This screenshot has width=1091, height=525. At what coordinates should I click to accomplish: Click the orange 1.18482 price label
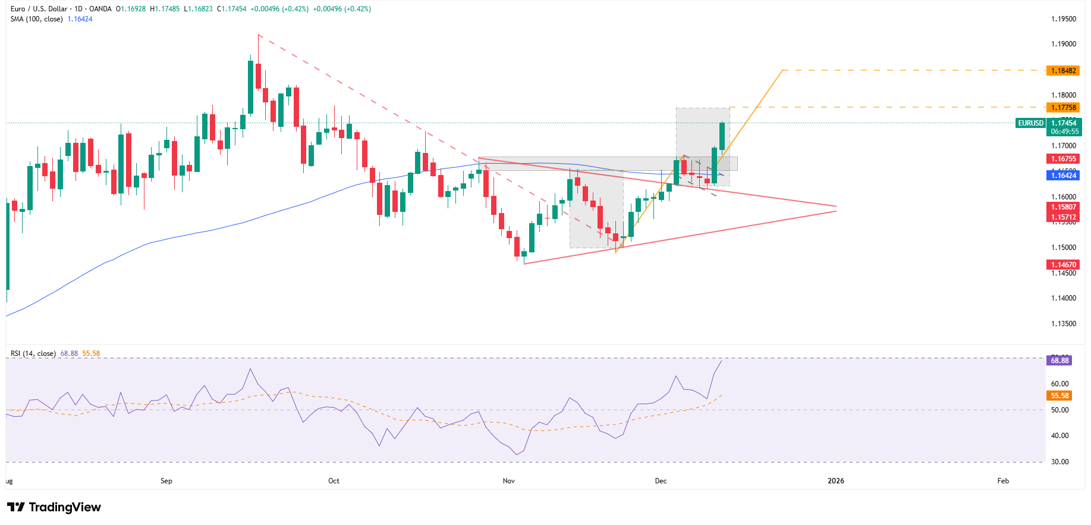click(x=1063, y=71)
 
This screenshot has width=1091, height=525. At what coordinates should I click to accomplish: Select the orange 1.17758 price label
click(x=1063, y=108)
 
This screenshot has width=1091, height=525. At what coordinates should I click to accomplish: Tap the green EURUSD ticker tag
click(x=1030, y=123)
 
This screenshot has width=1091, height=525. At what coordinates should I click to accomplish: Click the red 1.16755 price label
click(x=1063, y=159)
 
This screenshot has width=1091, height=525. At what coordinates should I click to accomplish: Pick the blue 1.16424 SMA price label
click(x=1063, y=175)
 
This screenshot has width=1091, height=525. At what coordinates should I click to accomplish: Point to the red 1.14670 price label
click(x=1063, y=265)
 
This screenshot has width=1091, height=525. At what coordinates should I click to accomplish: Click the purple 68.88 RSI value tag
click(x=1059, y=360)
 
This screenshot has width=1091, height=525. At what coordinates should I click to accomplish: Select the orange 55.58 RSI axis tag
click(x=1059, y=396)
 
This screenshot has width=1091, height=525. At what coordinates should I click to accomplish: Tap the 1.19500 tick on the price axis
click(x=1063, y=19)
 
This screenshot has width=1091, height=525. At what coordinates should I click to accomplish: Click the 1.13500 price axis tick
click(x=1063, y=324)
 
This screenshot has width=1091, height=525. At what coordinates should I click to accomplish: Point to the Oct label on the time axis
click(x=334, y=481)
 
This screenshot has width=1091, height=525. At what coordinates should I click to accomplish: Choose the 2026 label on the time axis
click(x=835, y=481)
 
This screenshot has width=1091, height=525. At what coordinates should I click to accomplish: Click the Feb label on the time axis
click(x=1003, y=481)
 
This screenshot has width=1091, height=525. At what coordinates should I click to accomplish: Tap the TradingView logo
click(x=54, y=507)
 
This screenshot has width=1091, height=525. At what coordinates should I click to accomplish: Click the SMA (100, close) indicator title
click(x=37, y=19)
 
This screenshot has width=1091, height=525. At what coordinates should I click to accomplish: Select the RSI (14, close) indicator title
click(x=33, y=354)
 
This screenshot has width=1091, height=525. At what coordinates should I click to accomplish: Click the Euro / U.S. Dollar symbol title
click(x=39, y=9)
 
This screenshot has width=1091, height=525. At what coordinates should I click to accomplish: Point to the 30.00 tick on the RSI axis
click(x=1059, y=462)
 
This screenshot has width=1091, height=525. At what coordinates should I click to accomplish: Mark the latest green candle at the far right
click(x=722, y=136)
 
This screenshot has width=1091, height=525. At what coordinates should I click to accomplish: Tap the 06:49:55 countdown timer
click(x=1064, y=132)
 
